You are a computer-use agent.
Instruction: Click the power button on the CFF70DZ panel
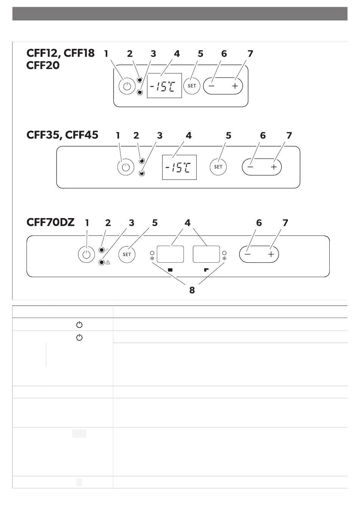coord(86,254)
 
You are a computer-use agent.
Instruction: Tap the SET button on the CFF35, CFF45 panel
coord(218,167)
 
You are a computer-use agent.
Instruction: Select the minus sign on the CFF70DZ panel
coord(247,254)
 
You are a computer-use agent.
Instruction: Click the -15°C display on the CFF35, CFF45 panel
coord(179,167)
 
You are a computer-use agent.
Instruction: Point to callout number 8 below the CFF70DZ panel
coord(192,290)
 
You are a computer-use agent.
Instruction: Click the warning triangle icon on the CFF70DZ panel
coord(108,262)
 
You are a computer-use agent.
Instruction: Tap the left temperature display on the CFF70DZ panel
coord(170,254)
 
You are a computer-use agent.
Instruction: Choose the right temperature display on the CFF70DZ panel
coord(206,254)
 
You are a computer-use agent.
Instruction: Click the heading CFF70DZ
coord(50,222)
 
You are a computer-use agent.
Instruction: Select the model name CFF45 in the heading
coord(81,135)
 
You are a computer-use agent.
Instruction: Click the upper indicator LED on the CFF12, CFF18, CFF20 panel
coord(140,80)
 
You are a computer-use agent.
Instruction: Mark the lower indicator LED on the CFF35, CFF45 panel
coord(142,173)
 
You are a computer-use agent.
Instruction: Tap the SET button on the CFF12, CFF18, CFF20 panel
coord(192,86)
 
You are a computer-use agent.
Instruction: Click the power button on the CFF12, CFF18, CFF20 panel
coord(127,86)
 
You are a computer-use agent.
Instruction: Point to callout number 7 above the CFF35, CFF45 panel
coord(289,136)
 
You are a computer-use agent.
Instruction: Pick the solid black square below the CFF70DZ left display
coord(170,270)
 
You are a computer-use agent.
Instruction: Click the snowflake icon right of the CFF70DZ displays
coord(224,259)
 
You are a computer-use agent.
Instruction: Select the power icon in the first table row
coord(79,325)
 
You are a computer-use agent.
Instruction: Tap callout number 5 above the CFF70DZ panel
coord(155,223)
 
